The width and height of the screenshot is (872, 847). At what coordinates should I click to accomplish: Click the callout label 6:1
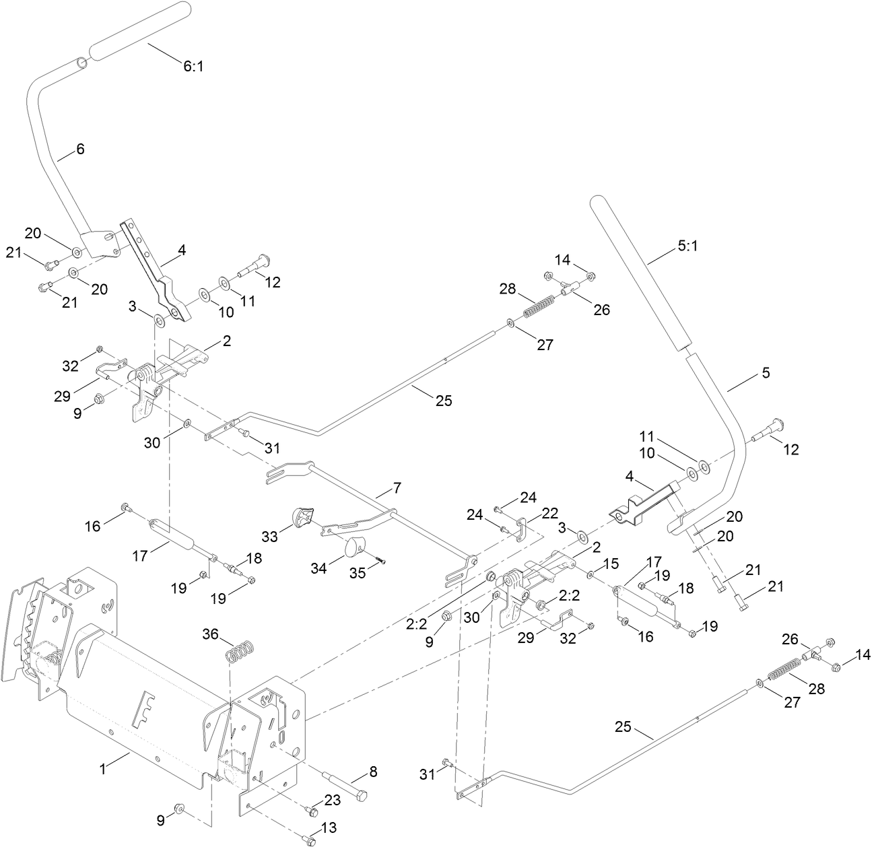click(x=193, y=67)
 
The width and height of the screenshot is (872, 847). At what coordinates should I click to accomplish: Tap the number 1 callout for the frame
click(x=102, y=768)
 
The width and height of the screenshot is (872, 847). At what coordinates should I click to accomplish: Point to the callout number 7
click(x=397, y=485)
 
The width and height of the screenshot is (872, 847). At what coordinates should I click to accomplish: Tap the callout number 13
click(x=329, y=827)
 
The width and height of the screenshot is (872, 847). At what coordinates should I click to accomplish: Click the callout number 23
click(x=333, y=801)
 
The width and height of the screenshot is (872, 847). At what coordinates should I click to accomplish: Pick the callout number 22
click(x=550, y=513)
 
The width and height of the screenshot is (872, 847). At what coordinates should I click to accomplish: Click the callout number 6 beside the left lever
click(x=80, y=149)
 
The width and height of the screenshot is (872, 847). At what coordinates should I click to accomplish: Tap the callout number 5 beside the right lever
click(x=765, y=372)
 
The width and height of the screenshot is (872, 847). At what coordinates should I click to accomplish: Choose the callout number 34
click(x=318, y=568)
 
